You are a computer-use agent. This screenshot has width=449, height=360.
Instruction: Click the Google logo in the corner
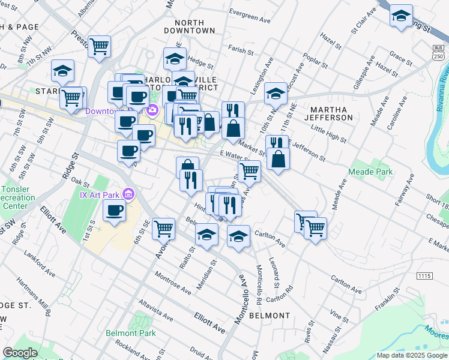coord(20,353)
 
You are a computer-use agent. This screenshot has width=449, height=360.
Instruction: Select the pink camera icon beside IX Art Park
coord(127,194)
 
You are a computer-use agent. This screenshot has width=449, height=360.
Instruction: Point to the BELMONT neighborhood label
coord(270,315)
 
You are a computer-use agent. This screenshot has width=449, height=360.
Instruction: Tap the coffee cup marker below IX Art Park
coord(114,211)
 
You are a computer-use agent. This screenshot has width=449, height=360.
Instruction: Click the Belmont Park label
coord(130,333)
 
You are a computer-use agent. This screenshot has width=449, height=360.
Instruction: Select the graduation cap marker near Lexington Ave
coord(276,93)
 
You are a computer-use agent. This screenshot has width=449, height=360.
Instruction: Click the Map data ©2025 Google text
coord(412,355)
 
